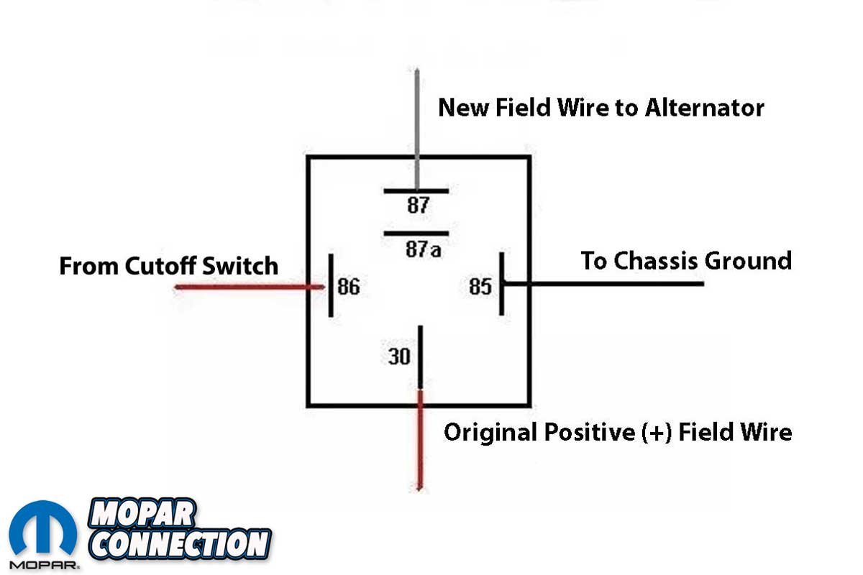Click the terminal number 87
click(418, 206)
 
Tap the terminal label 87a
click(423, 249)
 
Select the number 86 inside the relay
click(348, 287)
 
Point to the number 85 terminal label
click(480, 287)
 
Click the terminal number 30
click(399, 356)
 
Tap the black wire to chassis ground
click(611, 284)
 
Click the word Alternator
click(704, 108)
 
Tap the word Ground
click(751, 260)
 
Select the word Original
click(490, 433)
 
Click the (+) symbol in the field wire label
click(655, 433)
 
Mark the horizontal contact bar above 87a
click(416, 234)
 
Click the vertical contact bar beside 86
click(330, 285)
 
